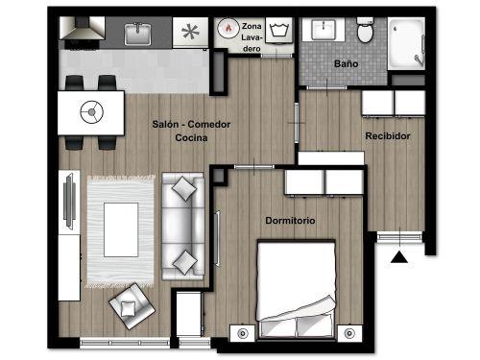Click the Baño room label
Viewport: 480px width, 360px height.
pyautogui.click(x=346, y=63)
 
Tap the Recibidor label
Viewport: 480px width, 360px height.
pyautogui.click(x=388, y=136)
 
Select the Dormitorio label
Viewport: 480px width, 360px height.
pyautogui.click(x=290, y=221)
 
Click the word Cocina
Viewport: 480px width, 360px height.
pyautogui.click(x=191, y=138)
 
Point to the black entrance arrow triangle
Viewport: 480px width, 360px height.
pyautogui.click(x=399, y=257)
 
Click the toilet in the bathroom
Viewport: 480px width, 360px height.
pyautogui.click(x=365, y=30)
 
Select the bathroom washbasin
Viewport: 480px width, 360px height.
pyautogui.click(x=324, y=30)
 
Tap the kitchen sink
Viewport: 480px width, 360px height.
pyautogui.click(x=138, y=34)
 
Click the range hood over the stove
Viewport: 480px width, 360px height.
pyautogui.click(x=83, y=28)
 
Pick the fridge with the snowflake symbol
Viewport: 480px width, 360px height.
pyautogui.click(x=190, y=33)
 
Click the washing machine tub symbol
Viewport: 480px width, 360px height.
pyautogui.click(x=279, y=31)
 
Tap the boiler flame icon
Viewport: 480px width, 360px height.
pyautogui.click(x=228, y=28)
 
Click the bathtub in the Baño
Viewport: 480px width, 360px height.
pyautogui.click(x=406, y=44)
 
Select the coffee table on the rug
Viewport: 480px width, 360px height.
pyautogui.click(x=121, y=229)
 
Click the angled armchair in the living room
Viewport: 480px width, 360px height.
pyautogui.click(x=132, y=306)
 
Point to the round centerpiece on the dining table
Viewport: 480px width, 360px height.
pyautogui.click(x=92, y=112)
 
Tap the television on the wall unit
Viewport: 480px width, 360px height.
pyautogui.click(x=69, y=202)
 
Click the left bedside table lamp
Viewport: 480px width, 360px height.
pyautogui.click(x=243, y=333)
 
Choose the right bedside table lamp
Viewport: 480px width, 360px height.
pyautogui.click(x=349, y=333)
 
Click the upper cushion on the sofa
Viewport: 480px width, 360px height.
pyautogui.click(x=183, y=189)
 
